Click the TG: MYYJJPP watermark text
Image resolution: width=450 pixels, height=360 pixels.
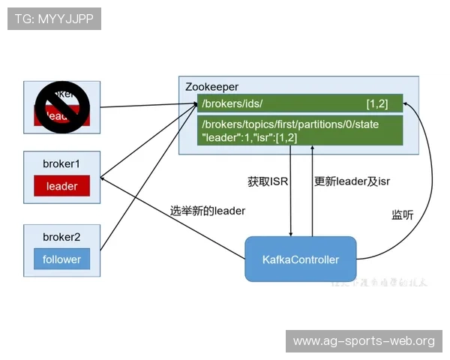(54, 19)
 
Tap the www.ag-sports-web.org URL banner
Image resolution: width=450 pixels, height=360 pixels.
(364, 341)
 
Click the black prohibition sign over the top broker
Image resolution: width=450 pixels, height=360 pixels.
(62, 103)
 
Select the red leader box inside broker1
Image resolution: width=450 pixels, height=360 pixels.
(61, 186)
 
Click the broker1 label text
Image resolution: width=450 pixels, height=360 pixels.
(61, 163)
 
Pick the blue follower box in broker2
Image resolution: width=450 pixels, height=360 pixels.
(61, 259)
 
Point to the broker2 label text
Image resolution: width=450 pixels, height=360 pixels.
(61, 237)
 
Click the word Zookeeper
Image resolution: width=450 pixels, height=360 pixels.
(211, 87)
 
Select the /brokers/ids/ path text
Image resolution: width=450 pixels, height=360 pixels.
(232, 102)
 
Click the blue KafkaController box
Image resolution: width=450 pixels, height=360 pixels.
(301, 259)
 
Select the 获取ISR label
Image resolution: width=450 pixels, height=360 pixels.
(268, 181)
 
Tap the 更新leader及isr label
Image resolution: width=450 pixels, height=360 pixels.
(352, 181)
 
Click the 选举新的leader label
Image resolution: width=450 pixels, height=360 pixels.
(208, 211)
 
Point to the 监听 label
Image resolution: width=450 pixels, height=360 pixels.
(402, 214)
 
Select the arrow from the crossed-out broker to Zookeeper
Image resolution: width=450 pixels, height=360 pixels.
(142, 106)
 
